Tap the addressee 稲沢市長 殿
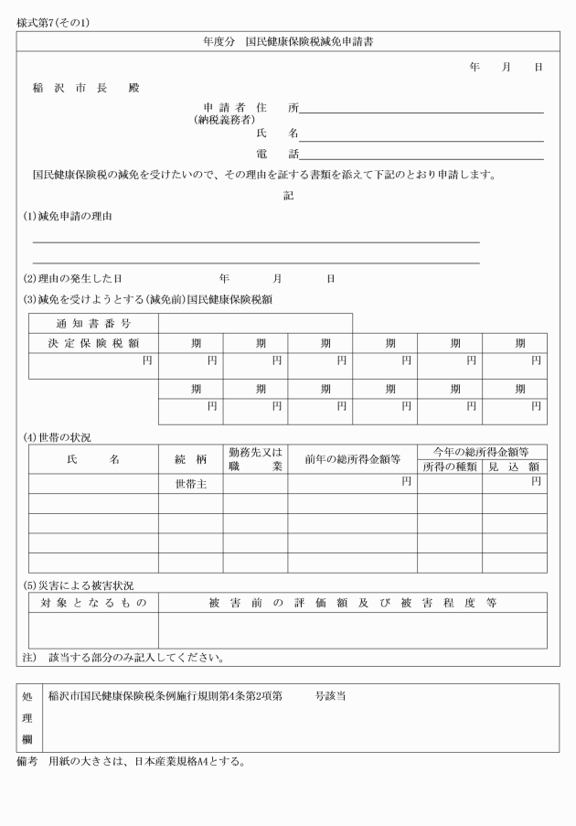point(86,88)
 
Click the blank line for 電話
point(421,156)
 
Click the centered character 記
point(288,195)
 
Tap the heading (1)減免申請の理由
point(69,217)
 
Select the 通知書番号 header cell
point(93,324)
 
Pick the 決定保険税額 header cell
point(93,343)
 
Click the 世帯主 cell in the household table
point(190,484)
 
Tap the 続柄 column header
point(190,459)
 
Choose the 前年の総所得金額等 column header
point(352,459)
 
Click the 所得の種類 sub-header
point(449,467)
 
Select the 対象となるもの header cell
point(93,603)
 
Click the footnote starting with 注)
point(123,657)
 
